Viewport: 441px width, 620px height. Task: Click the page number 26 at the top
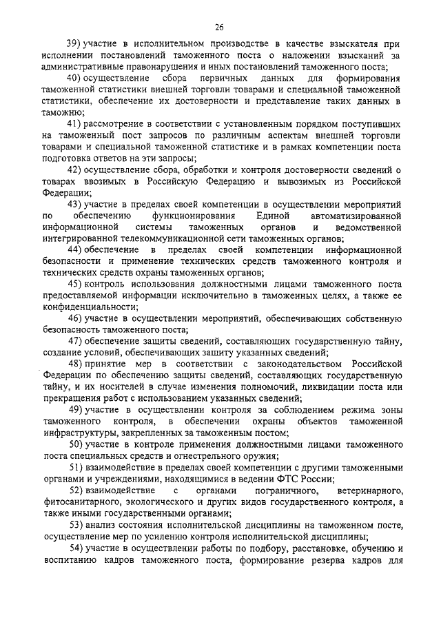pos(219,27)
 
